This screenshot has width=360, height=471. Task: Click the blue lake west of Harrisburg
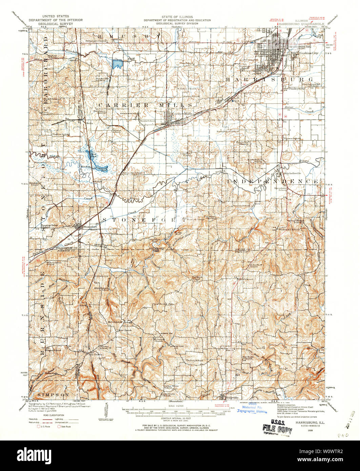(117, 63)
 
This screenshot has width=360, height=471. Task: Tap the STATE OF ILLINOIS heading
(177, 17)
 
